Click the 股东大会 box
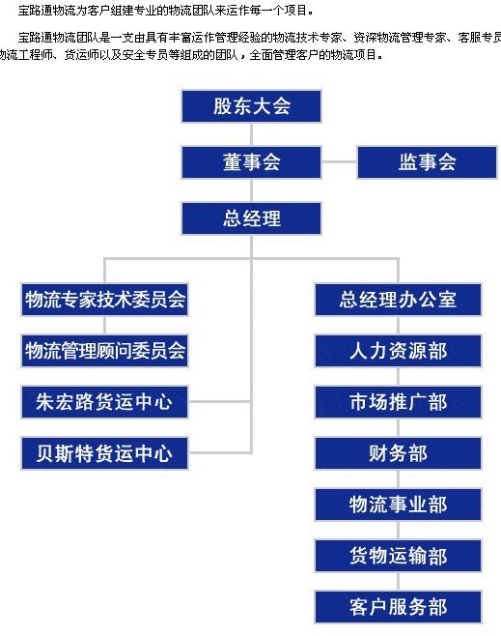pos(251,106)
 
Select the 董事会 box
pos(251,162)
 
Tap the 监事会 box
pos(427,162)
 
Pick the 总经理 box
pos(251,218)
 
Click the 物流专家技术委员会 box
pos(105,300)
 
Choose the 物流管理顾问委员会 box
pos(105,351)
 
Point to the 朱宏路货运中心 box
pos(105,402)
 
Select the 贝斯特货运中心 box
pos(105,453)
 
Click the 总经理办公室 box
pos(398,300)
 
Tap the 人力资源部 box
pos(398,351)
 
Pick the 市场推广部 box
pos(398,402)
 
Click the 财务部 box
pos(398,453)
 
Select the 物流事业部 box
pos(398,505)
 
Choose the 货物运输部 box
pos(398,556)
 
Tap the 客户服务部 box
pos(398,607)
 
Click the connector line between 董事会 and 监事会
pos(340,162)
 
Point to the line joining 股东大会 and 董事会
pos(251,134)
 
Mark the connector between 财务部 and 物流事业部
pos(398,479)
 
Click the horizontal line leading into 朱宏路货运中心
pos(220,402)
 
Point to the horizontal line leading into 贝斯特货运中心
pos(220,452)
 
